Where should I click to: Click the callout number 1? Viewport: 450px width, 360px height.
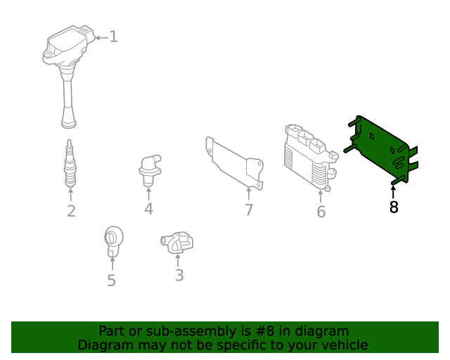[x=113, y=37]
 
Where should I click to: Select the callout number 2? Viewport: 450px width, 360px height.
[x=71, y=211]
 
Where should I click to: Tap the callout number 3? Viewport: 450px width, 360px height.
[x=179, y=276]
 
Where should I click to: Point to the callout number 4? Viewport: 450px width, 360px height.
[x=148, y=209]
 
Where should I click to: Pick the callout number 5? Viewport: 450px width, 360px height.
[x=111, y=281]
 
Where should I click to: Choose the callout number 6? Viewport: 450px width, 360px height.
[x=321, y=212]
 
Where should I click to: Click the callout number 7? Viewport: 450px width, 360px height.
[x=249, y=210]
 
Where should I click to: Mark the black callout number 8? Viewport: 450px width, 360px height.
[x=394, y=207]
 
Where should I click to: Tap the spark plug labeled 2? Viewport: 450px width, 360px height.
[x=70, y=165]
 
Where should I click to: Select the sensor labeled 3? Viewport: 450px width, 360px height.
[x=177, y=243]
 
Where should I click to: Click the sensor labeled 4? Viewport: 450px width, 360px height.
[x=148, y=169]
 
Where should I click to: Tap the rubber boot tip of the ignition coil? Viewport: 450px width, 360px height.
[x=68, y=121]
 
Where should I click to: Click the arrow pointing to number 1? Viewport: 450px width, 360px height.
[x=100, y=37]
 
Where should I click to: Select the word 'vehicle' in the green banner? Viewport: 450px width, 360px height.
[x=344, y=345]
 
